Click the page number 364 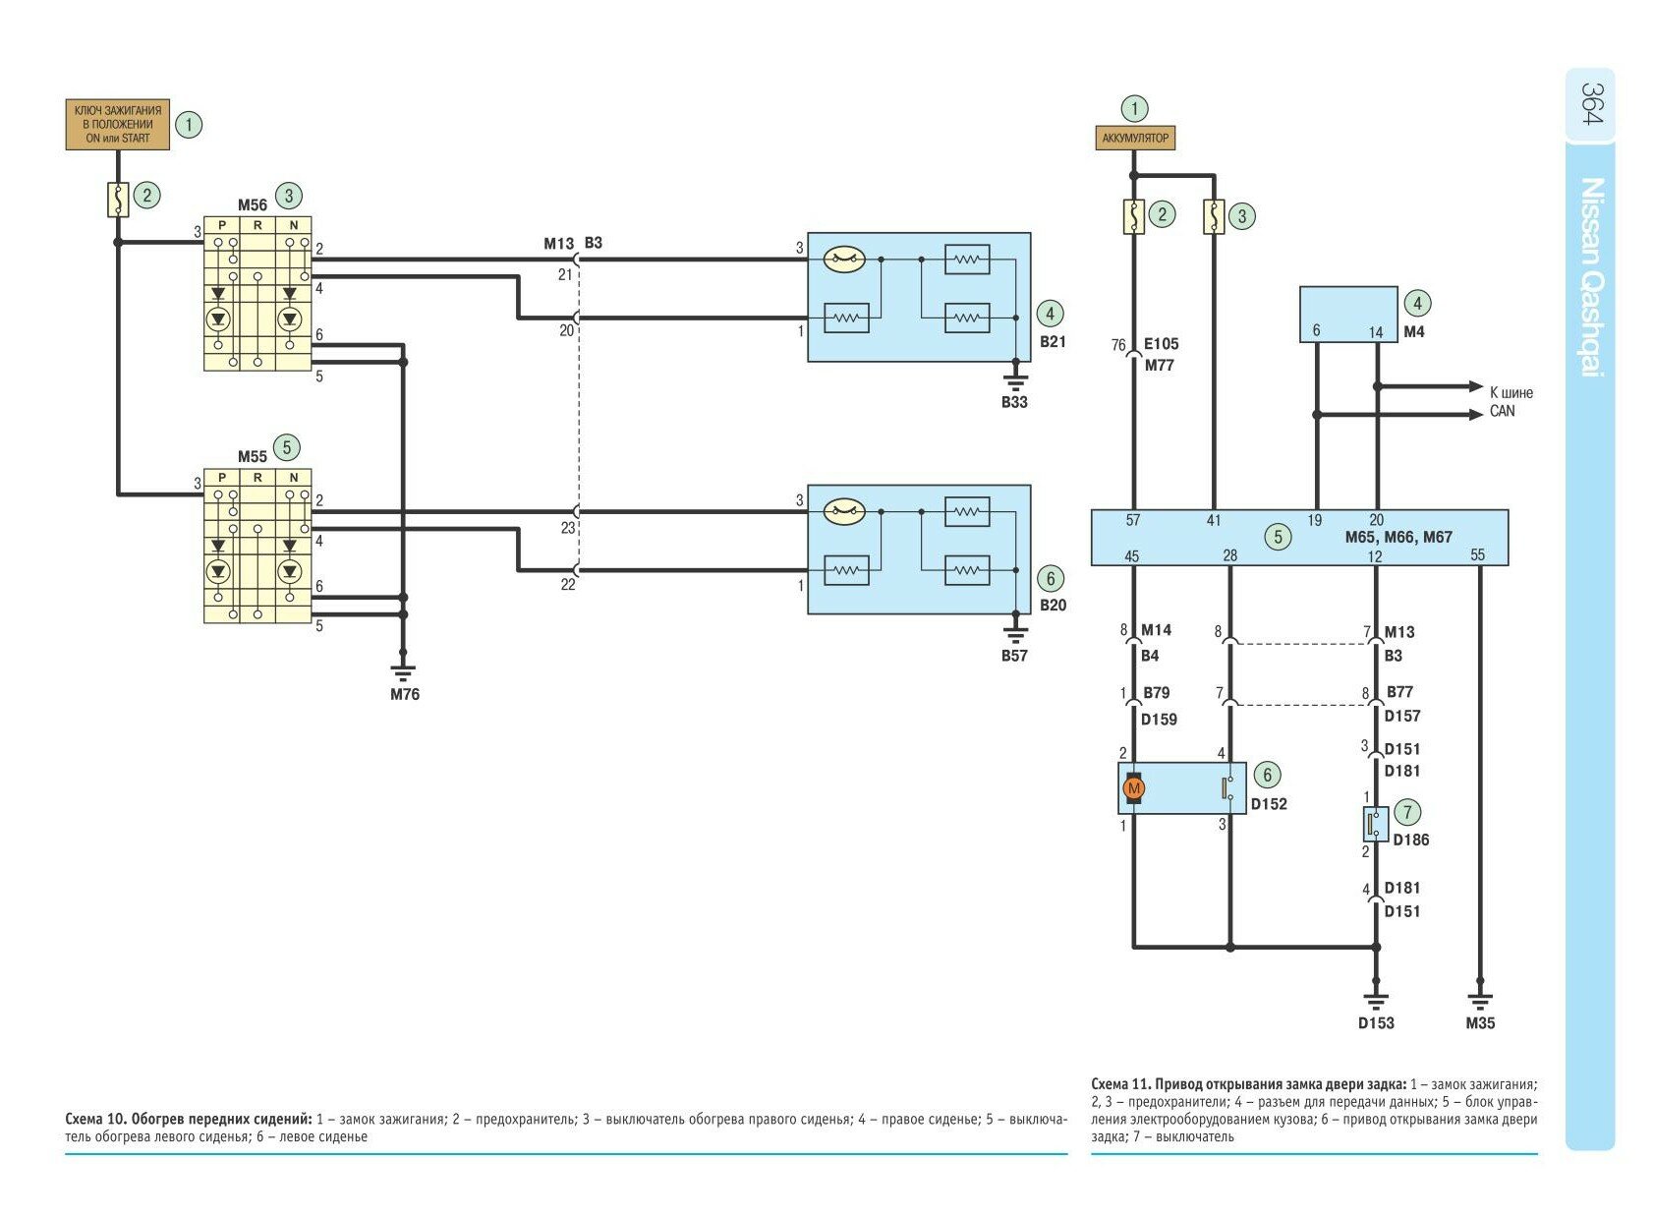(1591, 103)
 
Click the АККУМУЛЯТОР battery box (1135, 138)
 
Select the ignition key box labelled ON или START (118, 125)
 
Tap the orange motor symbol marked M (1134, 788)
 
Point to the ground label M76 (404, 694)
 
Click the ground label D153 (1376, 1022)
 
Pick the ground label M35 (1480, 1022)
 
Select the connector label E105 (1161, 344)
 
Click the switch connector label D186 (1410, 840)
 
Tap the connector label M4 (1413, 332)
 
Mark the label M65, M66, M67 (1398, 537)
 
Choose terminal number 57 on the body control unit (1133, 520)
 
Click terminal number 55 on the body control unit (1478, 555)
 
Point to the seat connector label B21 (1053, 342)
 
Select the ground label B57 (1014, 656)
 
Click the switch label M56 (252, 205)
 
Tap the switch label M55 (252, 457)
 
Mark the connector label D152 (1268, 804)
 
